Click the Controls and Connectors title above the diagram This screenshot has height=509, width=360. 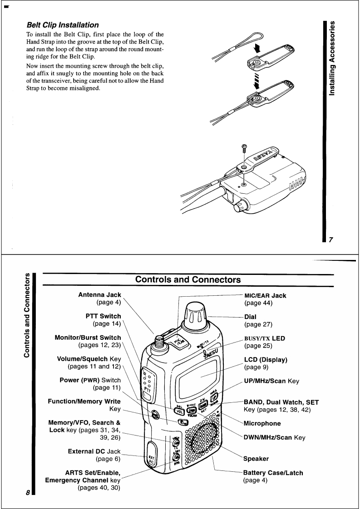coord(188,279)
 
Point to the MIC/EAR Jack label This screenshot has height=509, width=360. coord(265,295)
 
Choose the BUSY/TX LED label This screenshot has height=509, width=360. coord(266,338)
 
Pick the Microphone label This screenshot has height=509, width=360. coord(262,423)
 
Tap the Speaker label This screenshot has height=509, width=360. coord(256,459)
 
